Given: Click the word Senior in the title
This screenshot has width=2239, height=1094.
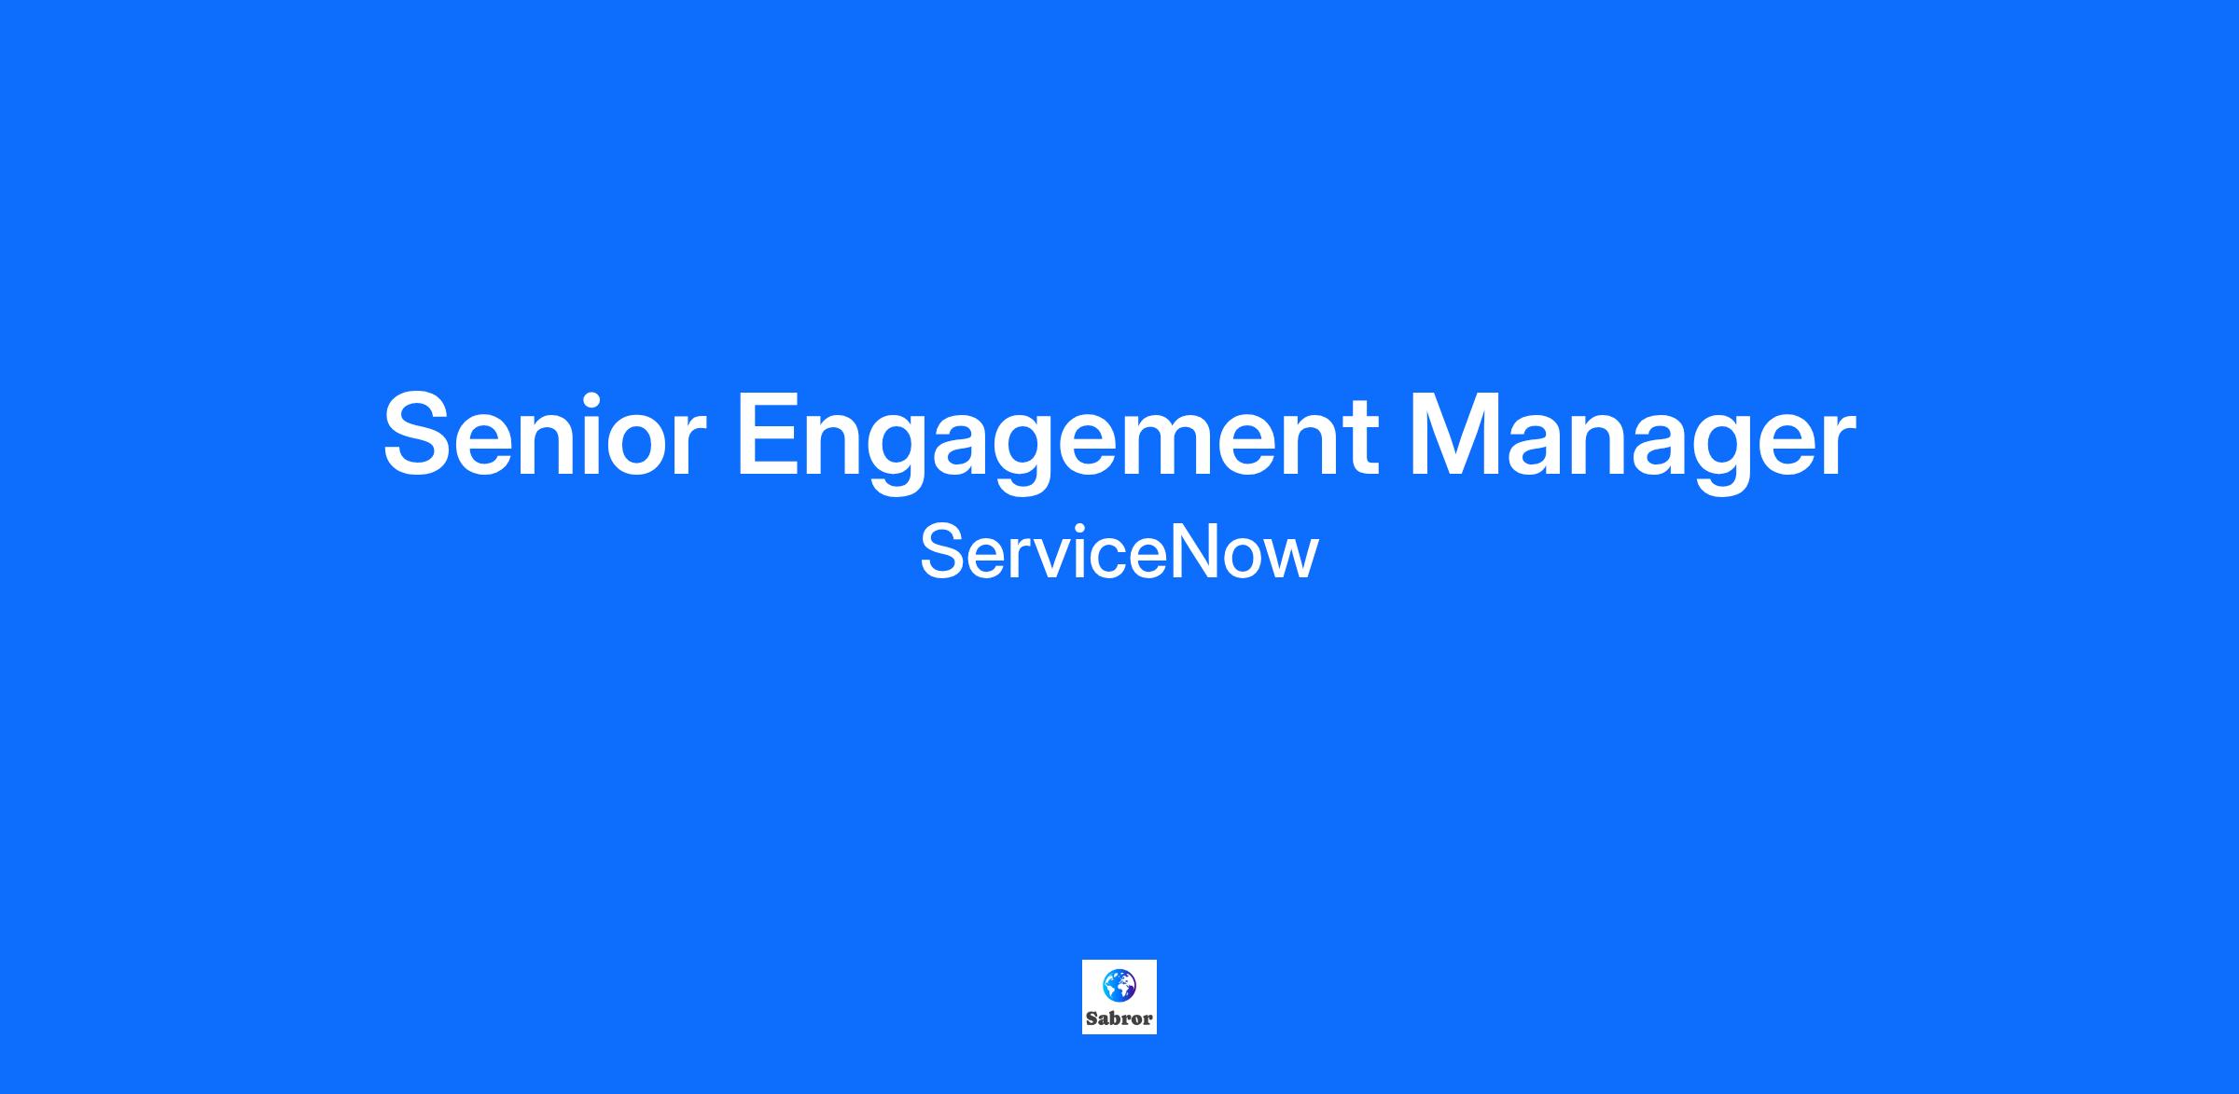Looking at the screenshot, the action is [x=543, y=435].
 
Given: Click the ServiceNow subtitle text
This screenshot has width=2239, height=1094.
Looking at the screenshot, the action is [x=1119, y=552].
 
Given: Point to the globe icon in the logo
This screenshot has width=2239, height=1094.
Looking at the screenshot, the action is [x=1119, y=984].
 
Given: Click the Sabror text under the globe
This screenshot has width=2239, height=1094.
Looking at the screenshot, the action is [x=1119, y=1018].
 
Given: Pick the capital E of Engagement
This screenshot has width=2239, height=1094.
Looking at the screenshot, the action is [x=769, y=435].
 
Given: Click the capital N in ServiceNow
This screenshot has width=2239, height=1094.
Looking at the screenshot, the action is [x=1190, y=552].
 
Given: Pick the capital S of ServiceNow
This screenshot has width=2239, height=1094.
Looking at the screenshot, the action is [x=941, y=552].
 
